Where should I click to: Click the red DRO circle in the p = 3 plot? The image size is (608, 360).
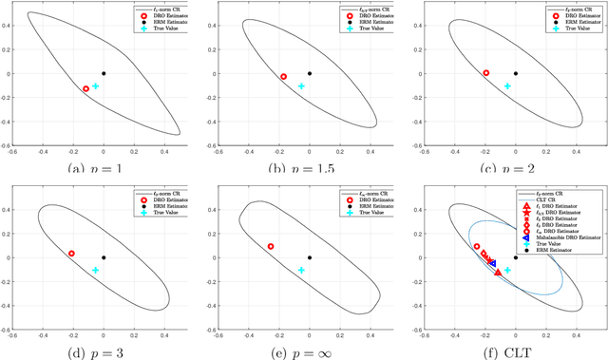pyautogui.click(x=71, y=254)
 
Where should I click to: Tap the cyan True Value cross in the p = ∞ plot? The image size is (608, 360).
pyautogui.click(x=301, y=270)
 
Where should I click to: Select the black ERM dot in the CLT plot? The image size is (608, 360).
pyautogui.click(x=516, y=257)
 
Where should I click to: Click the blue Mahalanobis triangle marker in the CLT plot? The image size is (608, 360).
pyautogui.click(x=492, y=263)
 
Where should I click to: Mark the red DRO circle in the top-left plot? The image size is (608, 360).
pyautogui.click(x=86, y=88)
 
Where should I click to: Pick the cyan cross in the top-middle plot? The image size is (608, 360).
pyautogui.click(x=301, y=85)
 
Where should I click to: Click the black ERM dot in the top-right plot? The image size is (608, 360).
pyautogui.click(x=516, y=73)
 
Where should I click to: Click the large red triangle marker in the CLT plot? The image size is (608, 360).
pyautogui.click(x=498, y=273)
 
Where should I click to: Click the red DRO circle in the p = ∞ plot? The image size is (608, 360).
pyautogui.click(x=271, y=246)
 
